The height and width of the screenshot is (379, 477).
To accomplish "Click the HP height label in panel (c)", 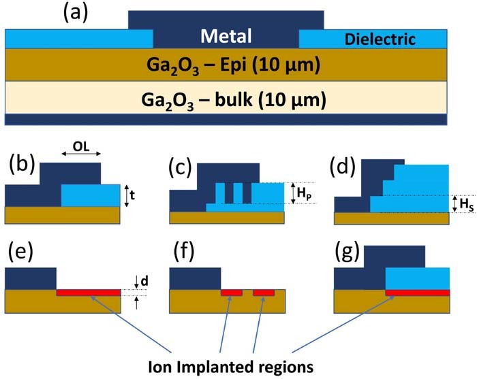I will [301, 195].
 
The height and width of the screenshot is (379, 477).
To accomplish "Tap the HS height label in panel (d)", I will [463, 203].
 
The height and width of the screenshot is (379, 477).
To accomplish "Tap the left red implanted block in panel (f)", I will [232, 293].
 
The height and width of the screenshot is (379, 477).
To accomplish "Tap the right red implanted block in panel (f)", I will [264, 293].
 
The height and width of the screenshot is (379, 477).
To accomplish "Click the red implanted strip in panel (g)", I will [417, 293].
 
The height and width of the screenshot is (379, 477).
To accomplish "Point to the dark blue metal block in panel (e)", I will [30, 278].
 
